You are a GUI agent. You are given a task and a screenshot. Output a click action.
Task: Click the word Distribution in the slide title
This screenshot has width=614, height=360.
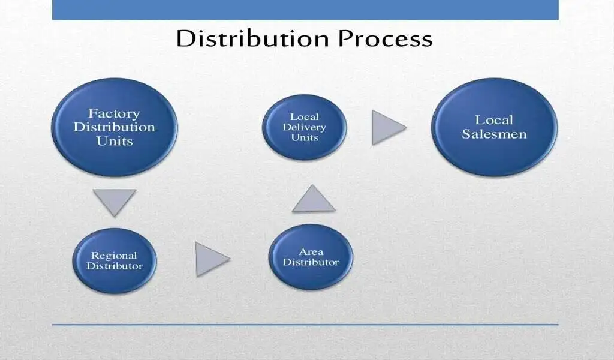click(252, 38)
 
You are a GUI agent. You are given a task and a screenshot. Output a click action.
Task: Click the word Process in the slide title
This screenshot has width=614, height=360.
click(386, 38)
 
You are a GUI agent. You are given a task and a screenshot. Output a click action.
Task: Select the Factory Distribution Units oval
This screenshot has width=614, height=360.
click(115, 127)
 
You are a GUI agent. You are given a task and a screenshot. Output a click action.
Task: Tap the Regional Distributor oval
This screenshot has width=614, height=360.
click(115, 260)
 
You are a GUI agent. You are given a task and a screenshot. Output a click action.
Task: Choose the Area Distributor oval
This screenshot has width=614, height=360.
click(311, 257)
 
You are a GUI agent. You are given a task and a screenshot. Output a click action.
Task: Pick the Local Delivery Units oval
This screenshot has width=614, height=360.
click(305, 127)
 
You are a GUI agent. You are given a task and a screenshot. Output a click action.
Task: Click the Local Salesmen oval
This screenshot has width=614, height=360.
click(494, 127)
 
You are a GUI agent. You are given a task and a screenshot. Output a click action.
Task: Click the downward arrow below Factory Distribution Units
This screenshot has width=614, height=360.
click(115, 200)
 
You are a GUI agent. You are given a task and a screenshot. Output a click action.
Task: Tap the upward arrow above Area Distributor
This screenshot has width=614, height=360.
click(313, 200)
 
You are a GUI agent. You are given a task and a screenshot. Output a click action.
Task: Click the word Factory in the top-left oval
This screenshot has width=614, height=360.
click(114, 113)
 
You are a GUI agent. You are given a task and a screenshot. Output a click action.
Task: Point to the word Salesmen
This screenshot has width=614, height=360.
click(494, 134)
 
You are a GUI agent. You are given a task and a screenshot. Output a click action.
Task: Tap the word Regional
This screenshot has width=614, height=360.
click(115, 256)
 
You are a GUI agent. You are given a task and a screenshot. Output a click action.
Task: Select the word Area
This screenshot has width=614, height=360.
click(311, 252)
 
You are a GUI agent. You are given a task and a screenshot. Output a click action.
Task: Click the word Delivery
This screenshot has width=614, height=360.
click(304, 127)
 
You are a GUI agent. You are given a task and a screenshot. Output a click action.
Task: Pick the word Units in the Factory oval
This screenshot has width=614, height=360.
click(115, 141)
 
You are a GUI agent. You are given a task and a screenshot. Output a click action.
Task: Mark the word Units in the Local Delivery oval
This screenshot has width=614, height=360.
click(305, 137)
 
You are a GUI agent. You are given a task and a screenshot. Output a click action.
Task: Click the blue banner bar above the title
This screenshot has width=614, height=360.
click(305, 10)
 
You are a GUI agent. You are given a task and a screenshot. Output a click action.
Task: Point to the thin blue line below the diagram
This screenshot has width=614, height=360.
click(305, 325)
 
